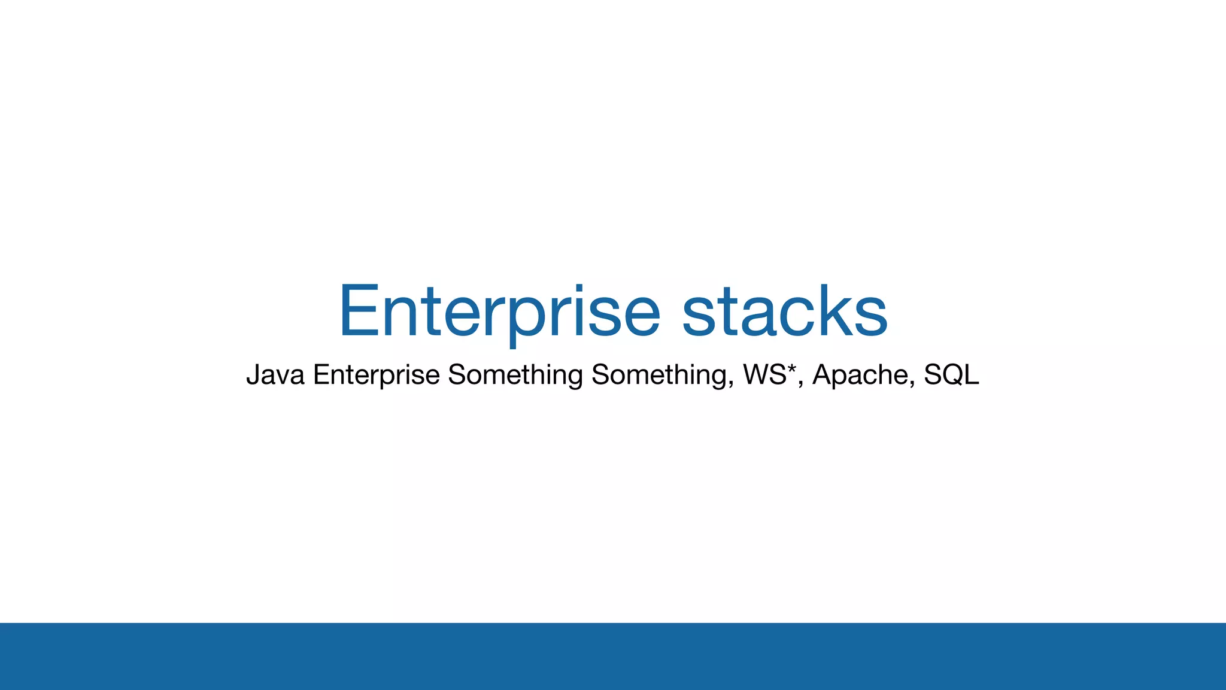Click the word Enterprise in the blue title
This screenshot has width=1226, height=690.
click(499, 311)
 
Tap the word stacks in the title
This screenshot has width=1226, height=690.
click(784, 311)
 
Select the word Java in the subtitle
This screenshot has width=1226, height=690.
click(275, 375)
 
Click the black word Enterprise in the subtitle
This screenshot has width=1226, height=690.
click(377, 375)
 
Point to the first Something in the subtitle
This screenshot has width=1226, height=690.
click(515, 375)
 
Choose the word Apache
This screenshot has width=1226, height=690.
click(860, 375)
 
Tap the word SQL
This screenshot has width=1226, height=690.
click(951, 374)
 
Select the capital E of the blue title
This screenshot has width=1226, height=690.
click(359, 311)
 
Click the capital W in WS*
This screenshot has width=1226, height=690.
click(757, 375)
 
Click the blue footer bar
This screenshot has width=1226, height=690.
click(613, 656)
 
